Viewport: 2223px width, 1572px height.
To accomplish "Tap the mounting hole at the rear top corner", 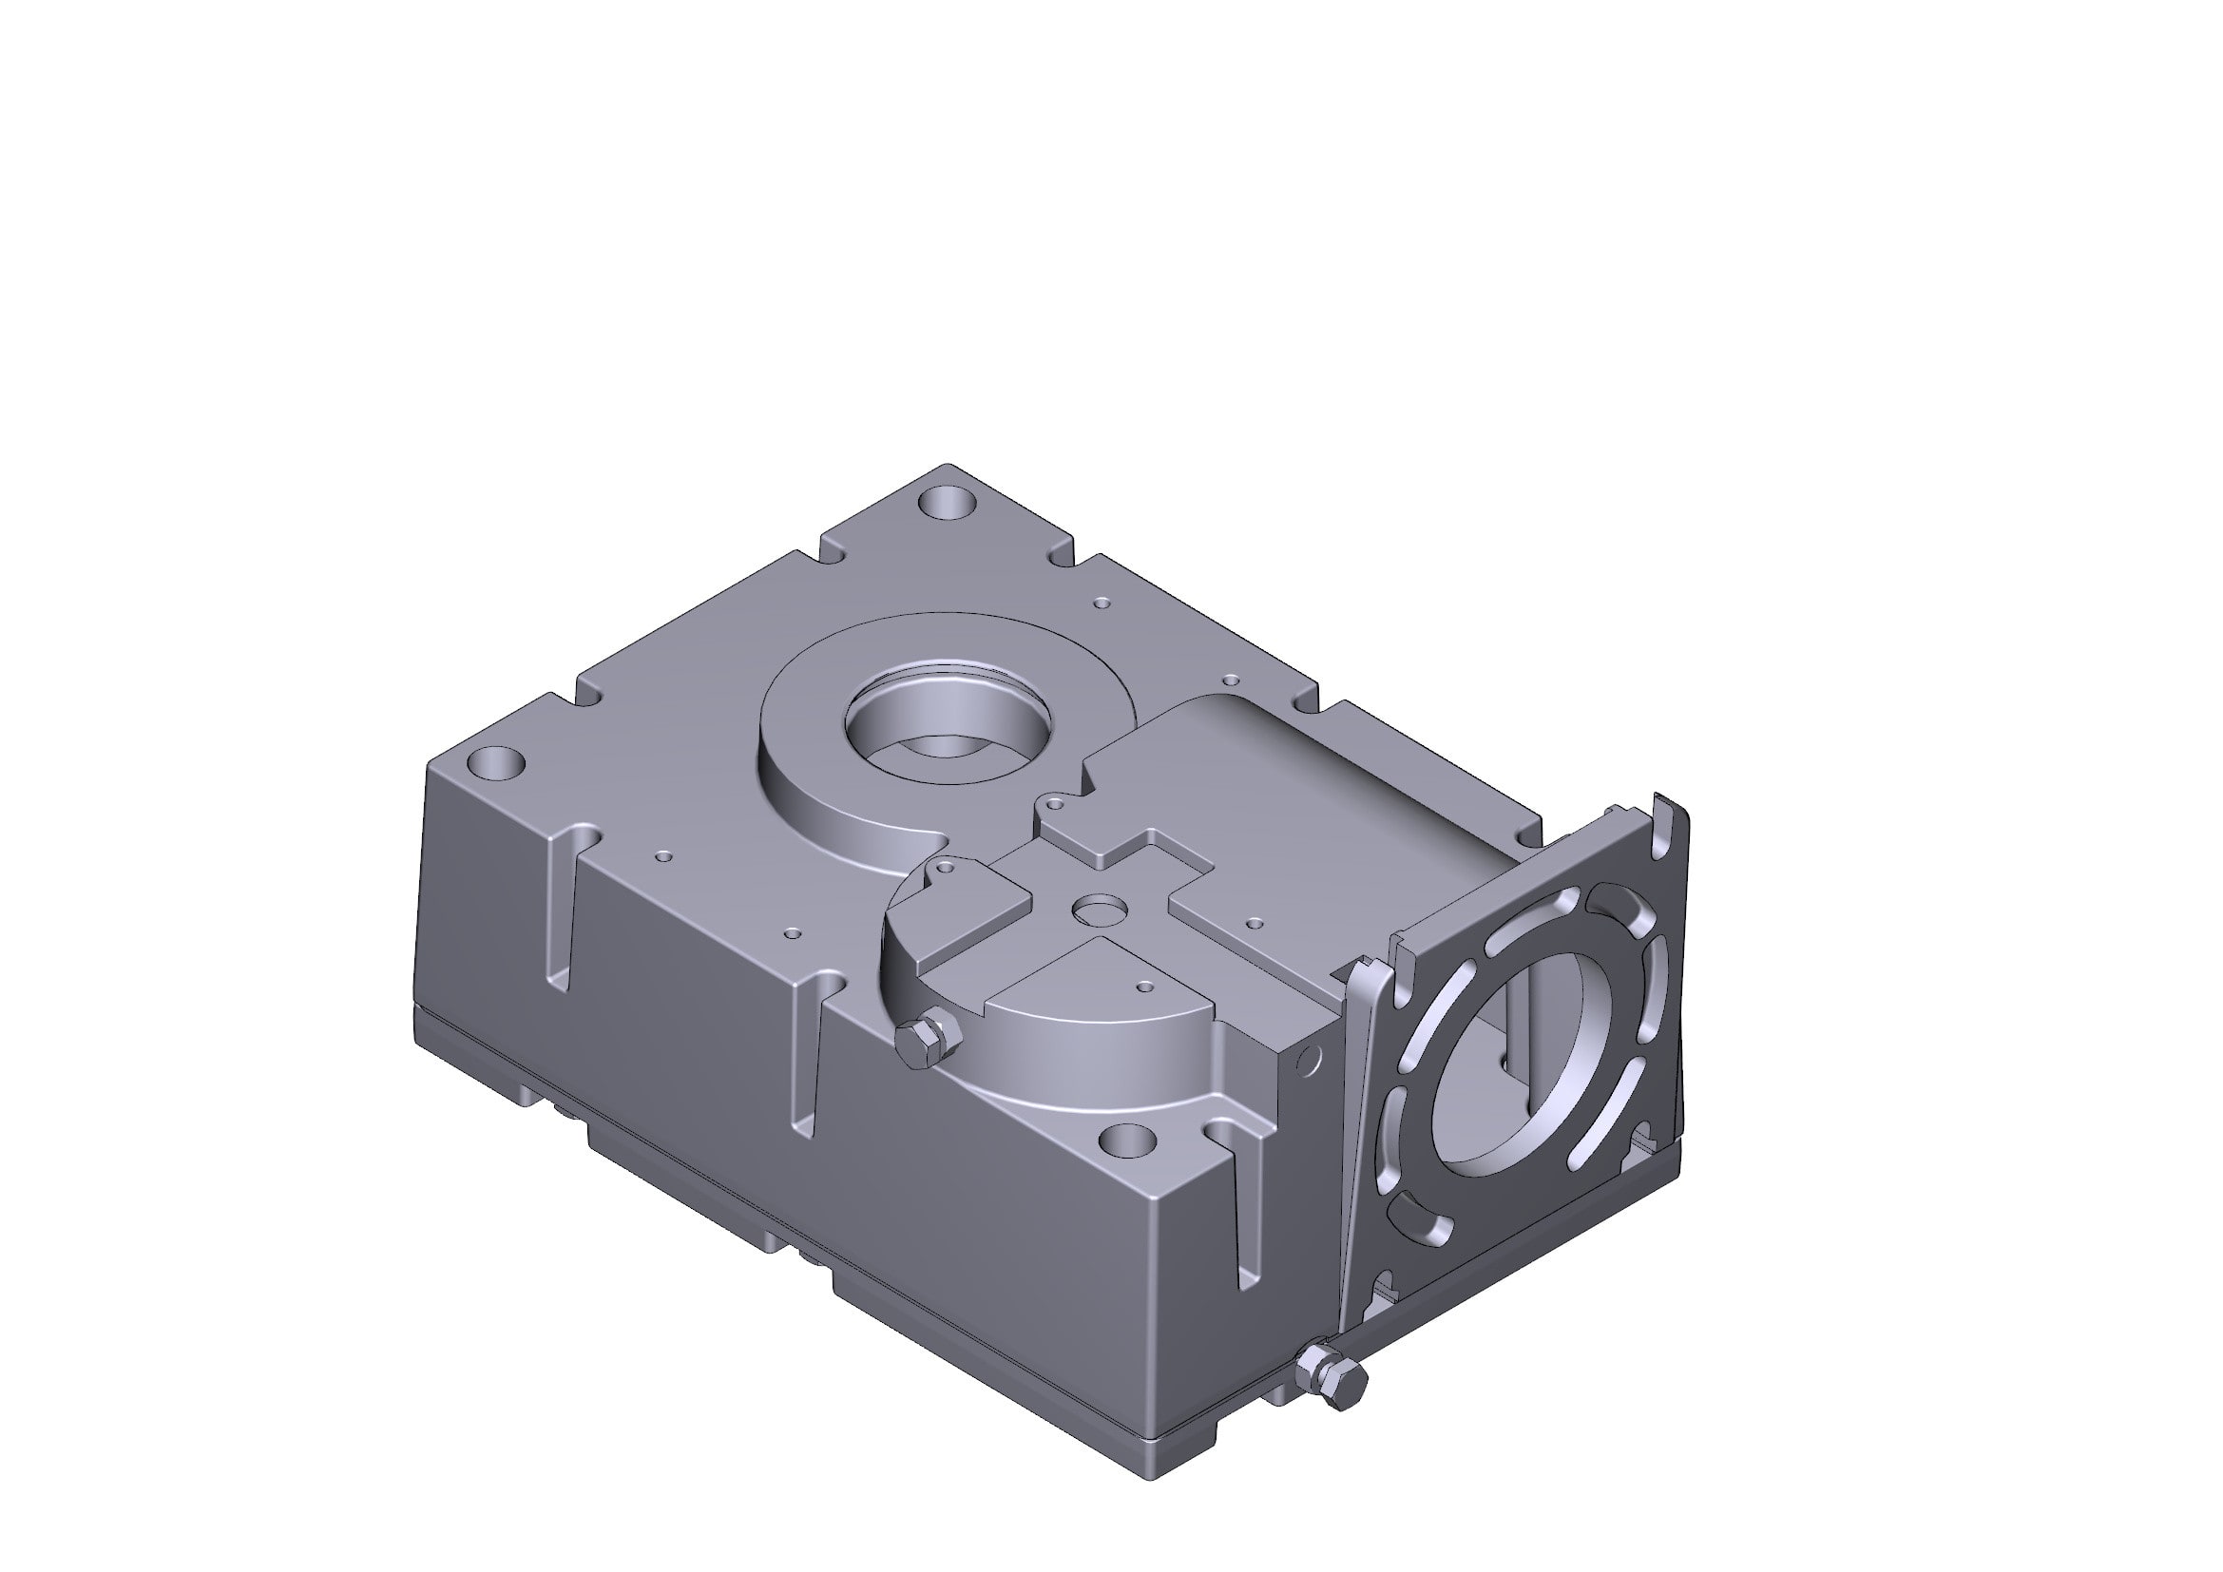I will (x=946, y=503).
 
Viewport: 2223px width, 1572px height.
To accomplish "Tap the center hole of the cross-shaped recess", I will (x=1096, y=910).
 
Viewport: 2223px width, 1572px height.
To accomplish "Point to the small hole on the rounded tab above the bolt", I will (x=947, y=869).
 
